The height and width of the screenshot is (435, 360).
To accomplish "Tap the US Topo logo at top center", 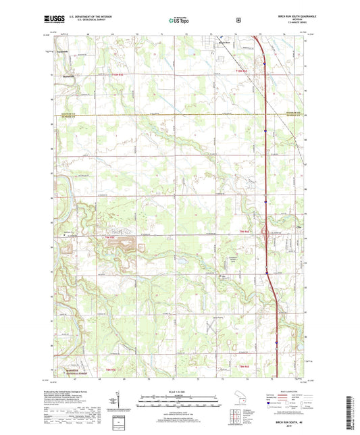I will [x=179, y=20].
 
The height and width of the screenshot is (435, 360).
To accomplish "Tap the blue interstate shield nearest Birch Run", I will [x=265, y=64].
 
